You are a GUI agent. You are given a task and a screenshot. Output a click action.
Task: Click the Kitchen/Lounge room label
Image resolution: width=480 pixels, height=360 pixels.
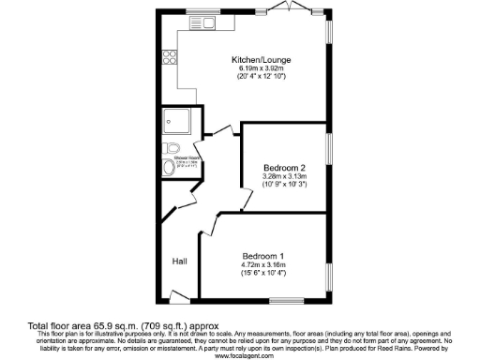click(x=259, y=61)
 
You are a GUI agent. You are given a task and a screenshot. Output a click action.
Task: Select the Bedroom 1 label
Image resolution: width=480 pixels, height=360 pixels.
click(x=264, y=256)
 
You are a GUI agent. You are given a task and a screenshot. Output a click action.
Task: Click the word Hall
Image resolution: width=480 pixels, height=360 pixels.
click(x=179, y=262)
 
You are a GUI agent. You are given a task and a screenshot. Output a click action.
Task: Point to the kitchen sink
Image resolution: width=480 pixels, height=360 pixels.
click(x=203, y=21)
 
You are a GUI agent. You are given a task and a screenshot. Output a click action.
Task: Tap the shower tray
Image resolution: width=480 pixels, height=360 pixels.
click(x=174, y=120)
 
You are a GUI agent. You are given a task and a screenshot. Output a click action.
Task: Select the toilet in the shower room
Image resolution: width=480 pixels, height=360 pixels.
click(x=171, y=148)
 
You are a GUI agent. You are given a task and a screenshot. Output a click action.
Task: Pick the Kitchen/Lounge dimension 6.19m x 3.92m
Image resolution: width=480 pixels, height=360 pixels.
click(x=259, y=69)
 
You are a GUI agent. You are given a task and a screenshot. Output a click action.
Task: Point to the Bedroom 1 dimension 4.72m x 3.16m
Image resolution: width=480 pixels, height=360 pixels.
click(x=264, y=264)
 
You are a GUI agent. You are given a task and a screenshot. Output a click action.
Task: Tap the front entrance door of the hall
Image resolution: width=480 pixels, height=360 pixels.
click(x=179, y=297)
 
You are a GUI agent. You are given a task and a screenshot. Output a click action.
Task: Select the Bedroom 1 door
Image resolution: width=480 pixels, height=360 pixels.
click(x=208, y=225)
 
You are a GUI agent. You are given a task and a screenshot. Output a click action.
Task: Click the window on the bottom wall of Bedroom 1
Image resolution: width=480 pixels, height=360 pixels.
click(x=280, y=301)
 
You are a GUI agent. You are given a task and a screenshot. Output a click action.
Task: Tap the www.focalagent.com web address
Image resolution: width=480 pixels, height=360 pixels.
click(x=242, y=356)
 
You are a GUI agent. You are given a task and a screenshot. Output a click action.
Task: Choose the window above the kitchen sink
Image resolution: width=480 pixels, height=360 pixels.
click(x=201, y=12)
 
